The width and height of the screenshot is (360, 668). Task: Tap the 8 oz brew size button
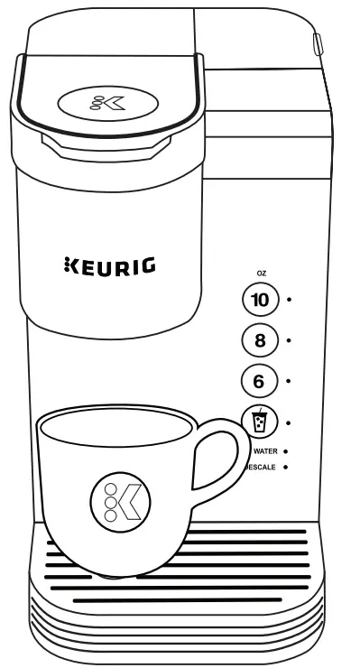260,340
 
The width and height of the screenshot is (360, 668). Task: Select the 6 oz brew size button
260,381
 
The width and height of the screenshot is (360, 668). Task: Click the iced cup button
260,421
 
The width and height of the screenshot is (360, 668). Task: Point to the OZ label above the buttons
262,273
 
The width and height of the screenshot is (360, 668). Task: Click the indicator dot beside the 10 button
289,299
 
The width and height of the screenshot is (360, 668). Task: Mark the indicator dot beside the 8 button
289,340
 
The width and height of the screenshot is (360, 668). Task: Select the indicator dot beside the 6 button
289,381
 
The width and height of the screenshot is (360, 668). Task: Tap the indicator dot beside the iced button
289,422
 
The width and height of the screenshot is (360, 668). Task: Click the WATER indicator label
263,450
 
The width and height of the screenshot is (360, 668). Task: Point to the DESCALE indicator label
261,468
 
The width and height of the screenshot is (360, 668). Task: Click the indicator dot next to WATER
285,450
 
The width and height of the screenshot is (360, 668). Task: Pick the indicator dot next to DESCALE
285,468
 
